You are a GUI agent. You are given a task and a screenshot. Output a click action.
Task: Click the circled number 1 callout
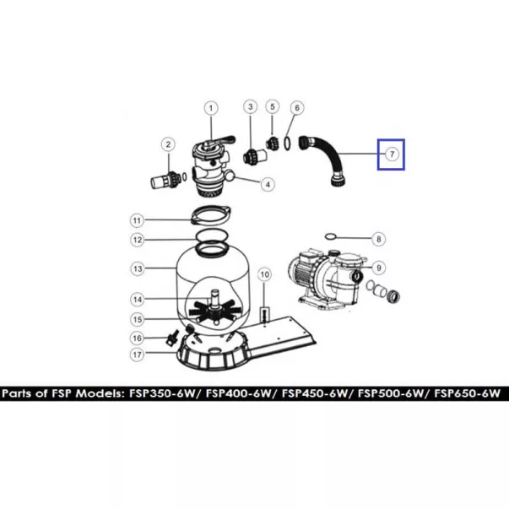click(211, 108)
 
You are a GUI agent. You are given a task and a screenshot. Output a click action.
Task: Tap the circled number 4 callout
click(268, 184)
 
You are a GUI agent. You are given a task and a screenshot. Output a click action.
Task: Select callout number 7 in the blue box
click(392, 154)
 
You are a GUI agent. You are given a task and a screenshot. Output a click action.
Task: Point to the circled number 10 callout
click(264, 274)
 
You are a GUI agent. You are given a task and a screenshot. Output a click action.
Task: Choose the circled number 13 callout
click(138, 268)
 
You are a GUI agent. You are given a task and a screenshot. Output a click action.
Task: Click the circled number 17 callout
click(138, 355)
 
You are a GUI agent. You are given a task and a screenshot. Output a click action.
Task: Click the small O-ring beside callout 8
click(329, 236)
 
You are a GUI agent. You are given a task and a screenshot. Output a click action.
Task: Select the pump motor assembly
click(328, 279)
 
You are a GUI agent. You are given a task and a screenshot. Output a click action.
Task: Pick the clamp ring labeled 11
click(211, 214)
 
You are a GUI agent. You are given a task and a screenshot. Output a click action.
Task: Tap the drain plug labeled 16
click(171, 338)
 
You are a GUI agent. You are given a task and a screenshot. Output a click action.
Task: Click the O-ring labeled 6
click(287, 143)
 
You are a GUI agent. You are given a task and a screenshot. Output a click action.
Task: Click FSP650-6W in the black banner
click(467, 393)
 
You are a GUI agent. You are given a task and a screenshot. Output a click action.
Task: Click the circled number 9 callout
click(379, 268)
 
